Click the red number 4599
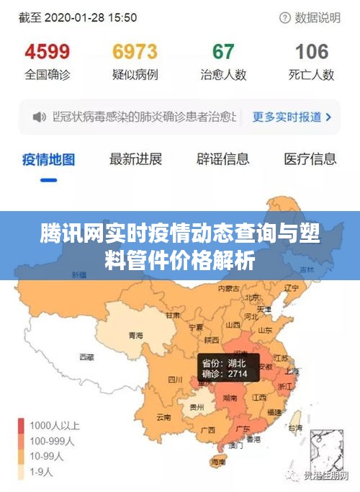(48, 52)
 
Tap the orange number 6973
(135, 52)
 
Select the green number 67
(223, 52)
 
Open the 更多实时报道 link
(292, 116)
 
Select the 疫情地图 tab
(48, 159)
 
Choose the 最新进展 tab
(135, 159)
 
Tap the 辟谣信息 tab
(222, 159)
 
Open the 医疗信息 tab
(310, 159)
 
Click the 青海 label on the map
(135, 336)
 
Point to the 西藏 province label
(87, 357)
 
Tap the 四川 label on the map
(175, 379)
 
